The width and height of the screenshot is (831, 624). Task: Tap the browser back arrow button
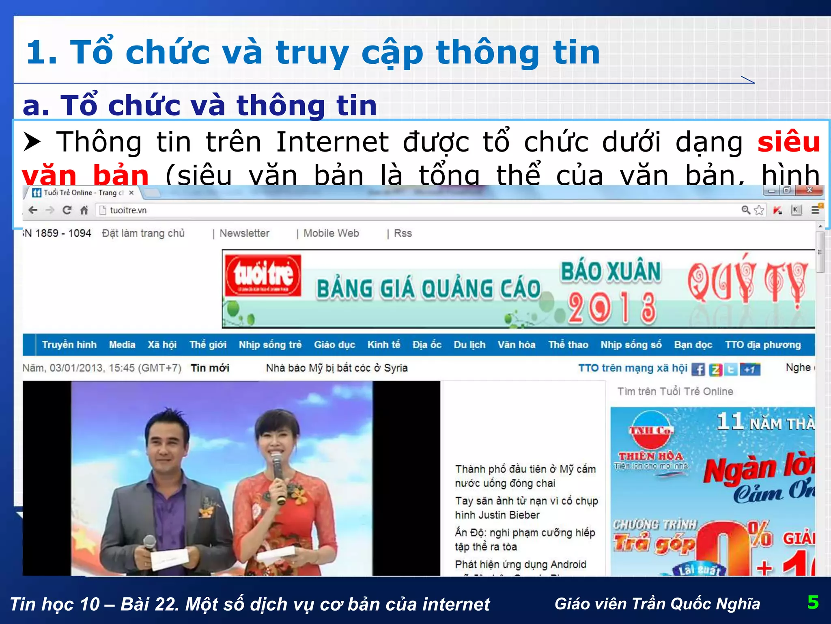click(33, 210)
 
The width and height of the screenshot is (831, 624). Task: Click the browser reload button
click(67, 210)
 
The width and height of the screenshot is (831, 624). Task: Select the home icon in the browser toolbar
click(84, 210)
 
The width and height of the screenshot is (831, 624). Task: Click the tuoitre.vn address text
click(128, 210)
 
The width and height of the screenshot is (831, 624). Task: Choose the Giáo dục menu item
click(334, 345)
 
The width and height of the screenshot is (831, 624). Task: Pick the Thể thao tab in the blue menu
click(568, 345)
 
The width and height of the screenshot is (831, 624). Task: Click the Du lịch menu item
click(469, 345)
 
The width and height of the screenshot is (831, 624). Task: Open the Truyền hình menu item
click(69, 345)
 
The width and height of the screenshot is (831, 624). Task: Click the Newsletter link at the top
click(244, 234)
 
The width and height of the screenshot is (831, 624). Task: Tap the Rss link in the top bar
click(403, 234)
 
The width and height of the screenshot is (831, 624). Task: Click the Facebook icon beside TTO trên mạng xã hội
click(698, 369)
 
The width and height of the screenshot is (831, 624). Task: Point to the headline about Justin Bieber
click(526, 508)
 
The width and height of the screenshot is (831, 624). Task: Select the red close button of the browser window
click(809, 190)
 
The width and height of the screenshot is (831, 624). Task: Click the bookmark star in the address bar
click(759, 210)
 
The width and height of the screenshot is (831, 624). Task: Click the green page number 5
click(813, 602)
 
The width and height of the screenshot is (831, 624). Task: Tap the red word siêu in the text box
click(788, 142)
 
